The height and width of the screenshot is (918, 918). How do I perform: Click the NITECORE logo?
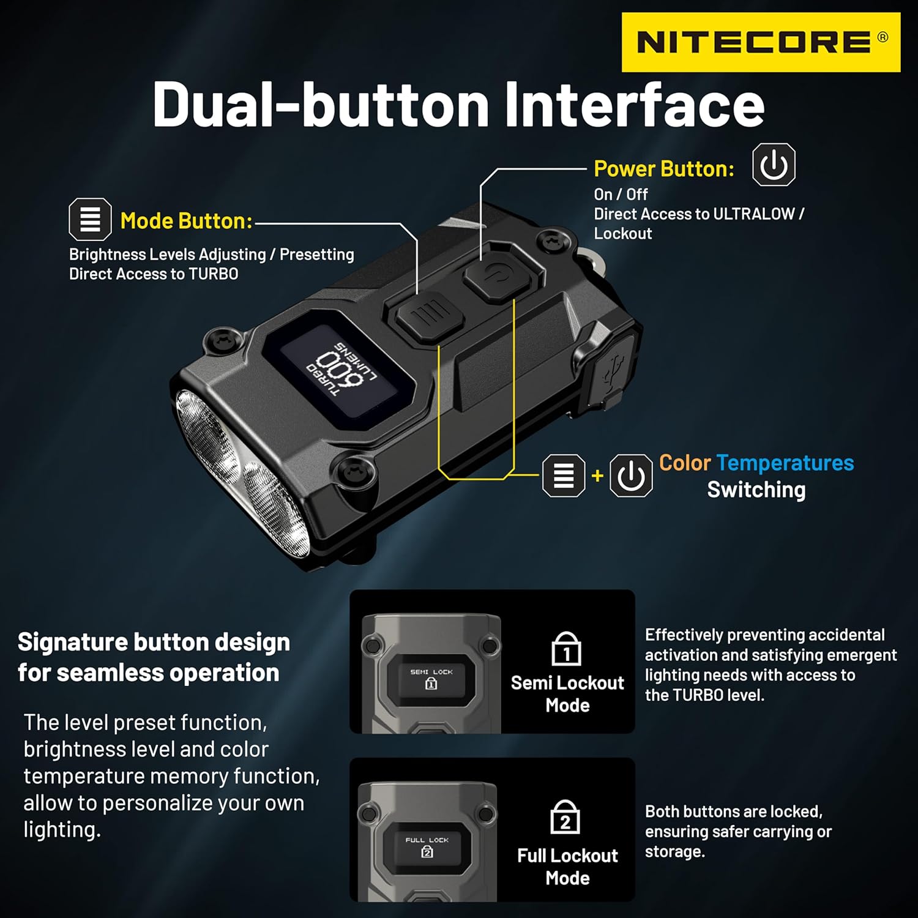[x=760, y=42]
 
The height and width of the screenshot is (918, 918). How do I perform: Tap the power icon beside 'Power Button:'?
[x=774, y=165]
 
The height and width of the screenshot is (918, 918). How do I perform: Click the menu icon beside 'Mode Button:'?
[x=90, y=219]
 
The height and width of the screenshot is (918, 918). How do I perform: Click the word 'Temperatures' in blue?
[x=785, y=463]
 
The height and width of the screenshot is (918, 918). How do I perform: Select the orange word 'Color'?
[x=684, y=463]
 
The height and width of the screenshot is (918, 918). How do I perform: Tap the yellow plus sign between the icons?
[x=597, y=476]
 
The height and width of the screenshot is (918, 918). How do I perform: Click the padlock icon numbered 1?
[x=567, y=650]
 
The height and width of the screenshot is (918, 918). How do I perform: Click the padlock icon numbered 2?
[x=565, y=818]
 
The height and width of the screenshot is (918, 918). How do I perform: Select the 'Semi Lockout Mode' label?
[x=567, y=693]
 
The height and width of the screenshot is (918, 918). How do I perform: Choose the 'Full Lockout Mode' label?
[x=567, y=867]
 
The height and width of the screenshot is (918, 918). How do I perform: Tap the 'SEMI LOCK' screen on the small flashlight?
[x=431, y=678]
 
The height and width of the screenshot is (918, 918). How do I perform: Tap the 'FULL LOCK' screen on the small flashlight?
[x=427, y=847]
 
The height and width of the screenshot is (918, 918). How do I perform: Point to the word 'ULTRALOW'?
[x=753, y=214]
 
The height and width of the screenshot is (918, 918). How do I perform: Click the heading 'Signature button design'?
[x=154, y=642]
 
